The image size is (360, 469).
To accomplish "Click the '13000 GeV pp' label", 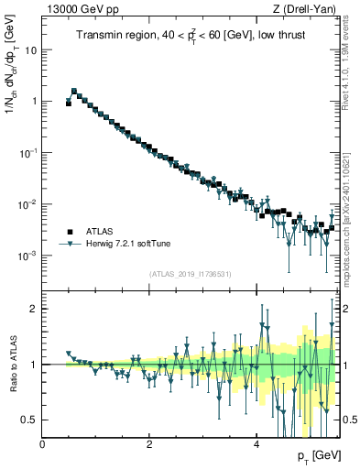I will coord(77,9).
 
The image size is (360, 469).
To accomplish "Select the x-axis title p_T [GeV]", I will coord(318,455).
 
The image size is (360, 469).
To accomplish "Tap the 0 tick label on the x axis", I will coord(43,443).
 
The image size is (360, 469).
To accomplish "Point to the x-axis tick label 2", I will coord(149,443).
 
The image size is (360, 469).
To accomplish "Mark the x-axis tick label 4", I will coord(256,443).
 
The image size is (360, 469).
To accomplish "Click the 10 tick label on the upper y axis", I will coord(30,49).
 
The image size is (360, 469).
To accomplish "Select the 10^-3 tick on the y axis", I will coord(27,255).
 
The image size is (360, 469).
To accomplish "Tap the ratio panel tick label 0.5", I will coord(29,420).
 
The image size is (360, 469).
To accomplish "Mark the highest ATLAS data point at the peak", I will coord(74,92).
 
